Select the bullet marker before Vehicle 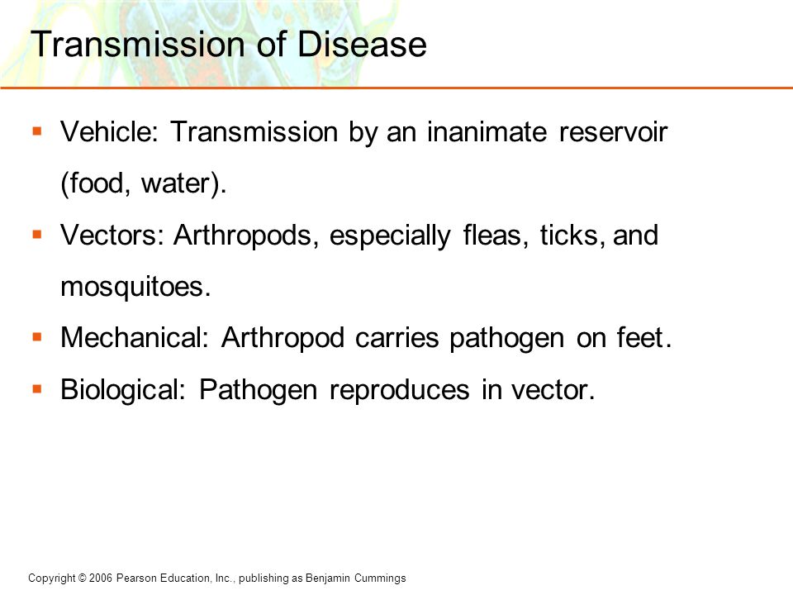pyautogui.click(x=37, y=131)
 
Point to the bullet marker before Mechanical pyautogui.click(x=37, y=337)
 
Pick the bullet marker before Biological pyautogui.click(x=37, y=388)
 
